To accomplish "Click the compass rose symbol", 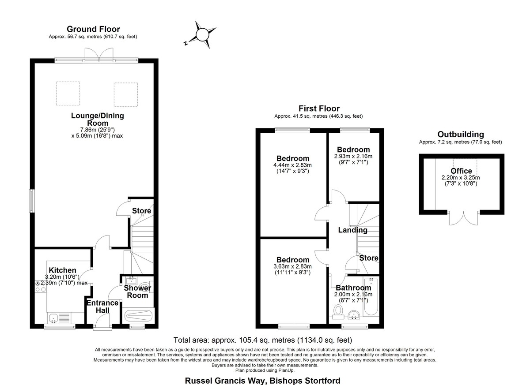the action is [x=202, y=35].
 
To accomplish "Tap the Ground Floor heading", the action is [x=93, y=29].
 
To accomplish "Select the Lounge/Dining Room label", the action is [x=98, y=119].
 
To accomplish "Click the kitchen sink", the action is [x=54, y=318].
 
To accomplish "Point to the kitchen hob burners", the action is [x=41, y=286].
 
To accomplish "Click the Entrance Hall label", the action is [x=102, y=307].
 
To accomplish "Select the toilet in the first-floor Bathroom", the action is [x=338, y=311].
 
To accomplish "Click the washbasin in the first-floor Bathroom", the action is [x=354, y=314].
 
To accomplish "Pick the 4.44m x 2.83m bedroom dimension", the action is [x=292, y=165].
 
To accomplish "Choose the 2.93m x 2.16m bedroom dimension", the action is [x=353, y=156].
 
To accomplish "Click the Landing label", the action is [x=352, y=230].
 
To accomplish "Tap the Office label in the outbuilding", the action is [x=461, y=171].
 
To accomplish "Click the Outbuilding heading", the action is [x=460, y=134].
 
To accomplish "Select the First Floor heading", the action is [x=319, y=108].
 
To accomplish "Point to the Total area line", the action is [x=263, y=340].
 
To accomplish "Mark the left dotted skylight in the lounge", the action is [x=68, y=93].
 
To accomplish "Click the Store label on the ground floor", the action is [x=141, y=211].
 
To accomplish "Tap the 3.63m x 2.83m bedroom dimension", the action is [x=292, y=267].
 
